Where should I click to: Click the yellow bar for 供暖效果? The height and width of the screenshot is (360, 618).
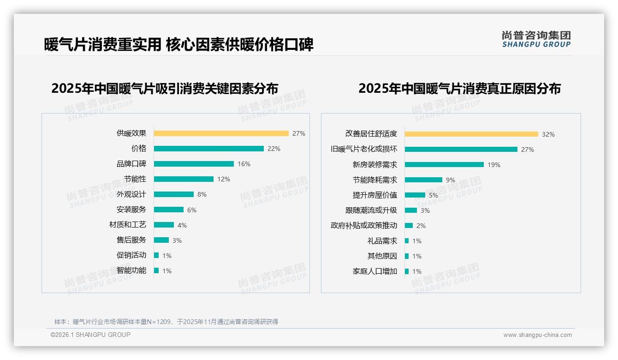(x=221, y=133)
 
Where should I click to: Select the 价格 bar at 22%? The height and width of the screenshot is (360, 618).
(x=208, y=149)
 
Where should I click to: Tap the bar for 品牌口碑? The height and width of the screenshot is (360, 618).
(x=194, y=164)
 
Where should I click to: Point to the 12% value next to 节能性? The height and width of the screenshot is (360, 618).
(x=224, y=179)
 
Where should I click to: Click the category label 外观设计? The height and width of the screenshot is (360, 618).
(x=131, y=194)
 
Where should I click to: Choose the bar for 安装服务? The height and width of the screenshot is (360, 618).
(x=169, y=210)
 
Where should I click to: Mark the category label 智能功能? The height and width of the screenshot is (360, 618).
(x=131, y=270)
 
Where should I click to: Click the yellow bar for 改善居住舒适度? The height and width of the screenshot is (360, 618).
(x=471, y=134)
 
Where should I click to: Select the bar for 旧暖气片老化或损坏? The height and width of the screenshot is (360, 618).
(x=461, y=150)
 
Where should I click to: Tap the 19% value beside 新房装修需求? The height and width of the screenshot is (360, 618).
(x=494, y=165)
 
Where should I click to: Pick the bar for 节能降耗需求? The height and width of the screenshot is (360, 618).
(x=423, y=180)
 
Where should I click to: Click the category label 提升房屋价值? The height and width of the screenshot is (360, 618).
(x=374, y=195)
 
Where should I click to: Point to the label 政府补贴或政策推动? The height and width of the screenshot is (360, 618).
(x=363, y=226)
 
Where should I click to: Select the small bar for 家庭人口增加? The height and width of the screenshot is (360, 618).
(x=407, y=271)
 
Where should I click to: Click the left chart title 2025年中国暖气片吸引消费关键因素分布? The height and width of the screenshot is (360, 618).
(x=165, y=89)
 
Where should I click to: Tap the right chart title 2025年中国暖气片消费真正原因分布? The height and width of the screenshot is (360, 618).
(x=459, y=89)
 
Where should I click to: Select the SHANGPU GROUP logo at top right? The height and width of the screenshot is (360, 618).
(x=536, y=39)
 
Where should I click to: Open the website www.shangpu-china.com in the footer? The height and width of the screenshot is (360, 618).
(x=537, y=335)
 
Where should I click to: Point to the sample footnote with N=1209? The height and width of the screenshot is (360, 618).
(x=166, y=322)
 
